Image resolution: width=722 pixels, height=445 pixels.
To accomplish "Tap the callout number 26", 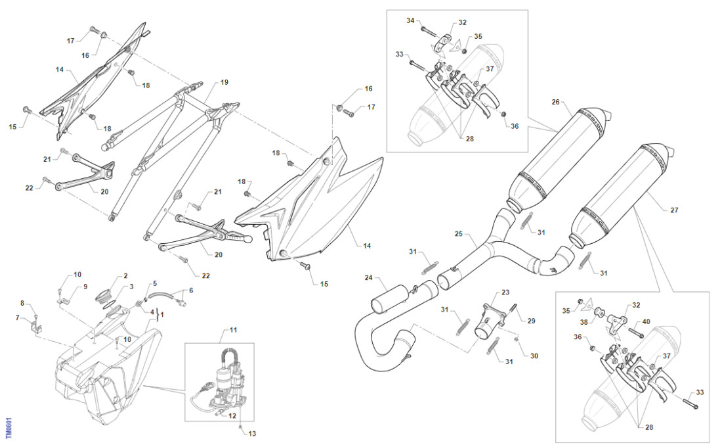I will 555,102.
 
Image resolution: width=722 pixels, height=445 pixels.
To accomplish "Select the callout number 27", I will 674,210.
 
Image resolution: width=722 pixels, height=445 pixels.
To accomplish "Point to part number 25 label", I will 459,233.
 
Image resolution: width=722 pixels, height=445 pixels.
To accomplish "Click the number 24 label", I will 369,277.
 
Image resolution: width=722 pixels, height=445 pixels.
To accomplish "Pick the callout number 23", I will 505,292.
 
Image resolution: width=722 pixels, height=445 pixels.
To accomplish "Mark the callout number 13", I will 253,433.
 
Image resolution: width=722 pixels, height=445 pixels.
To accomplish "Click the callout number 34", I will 410,21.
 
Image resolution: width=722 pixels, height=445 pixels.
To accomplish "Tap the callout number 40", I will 646,321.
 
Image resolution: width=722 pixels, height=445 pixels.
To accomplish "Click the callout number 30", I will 534,356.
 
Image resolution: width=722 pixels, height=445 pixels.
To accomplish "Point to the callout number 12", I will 232,415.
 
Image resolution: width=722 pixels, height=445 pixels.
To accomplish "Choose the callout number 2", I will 126,276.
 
